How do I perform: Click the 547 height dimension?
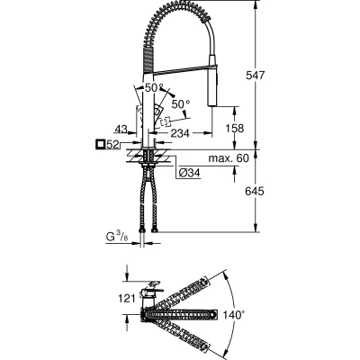click(256, 75)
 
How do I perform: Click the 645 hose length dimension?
click(255, 191)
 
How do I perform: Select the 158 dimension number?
click(235, 129)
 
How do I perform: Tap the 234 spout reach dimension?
click(180, 133)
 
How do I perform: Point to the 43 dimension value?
click(121, 129)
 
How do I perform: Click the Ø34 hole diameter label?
click(189, 173)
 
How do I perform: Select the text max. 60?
click(229, 158)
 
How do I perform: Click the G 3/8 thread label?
click(117, 237)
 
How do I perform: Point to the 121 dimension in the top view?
click(127, 299)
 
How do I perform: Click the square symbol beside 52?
click(100, 145)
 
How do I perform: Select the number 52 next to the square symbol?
click(112, 145)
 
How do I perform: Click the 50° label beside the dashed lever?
click(181, 104)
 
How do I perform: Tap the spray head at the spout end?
click(212, 79)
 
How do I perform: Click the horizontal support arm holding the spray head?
click(181, 68)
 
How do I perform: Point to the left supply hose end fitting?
click(142, 230)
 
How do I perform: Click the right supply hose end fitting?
click(155, 230)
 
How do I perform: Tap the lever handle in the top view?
click(152, 291)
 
